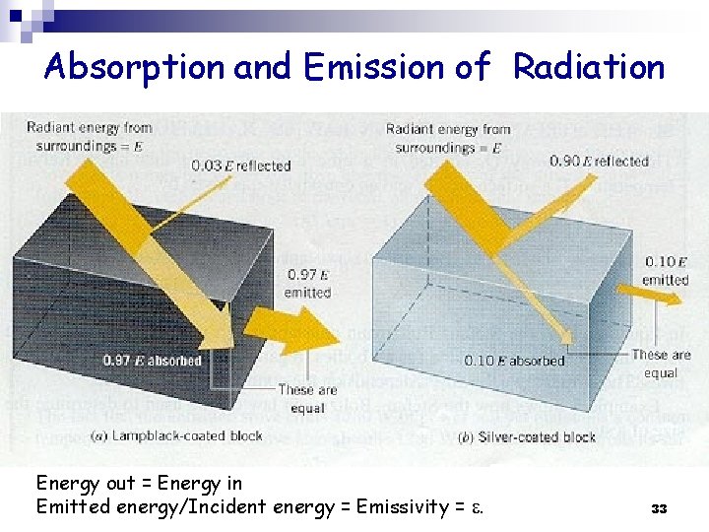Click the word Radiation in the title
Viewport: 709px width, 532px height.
tap(589, 67)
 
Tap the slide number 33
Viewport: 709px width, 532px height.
tap(659, 508)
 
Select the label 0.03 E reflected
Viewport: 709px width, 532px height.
tap(241, 165)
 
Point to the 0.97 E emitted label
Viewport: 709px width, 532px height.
tap(307, 284)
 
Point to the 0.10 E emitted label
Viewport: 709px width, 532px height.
tap(666, 270)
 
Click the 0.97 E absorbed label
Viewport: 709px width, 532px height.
tap(153, 360)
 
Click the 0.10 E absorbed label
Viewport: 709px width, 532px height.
tap(514, 361)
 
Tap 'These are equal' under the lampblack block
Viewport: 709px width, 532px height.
tap(308, 398)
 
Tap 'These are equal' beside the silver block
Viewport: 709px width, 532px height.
tap(661, 364)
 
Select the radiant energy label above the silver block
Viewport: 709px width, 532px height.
tap(448, 138)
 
